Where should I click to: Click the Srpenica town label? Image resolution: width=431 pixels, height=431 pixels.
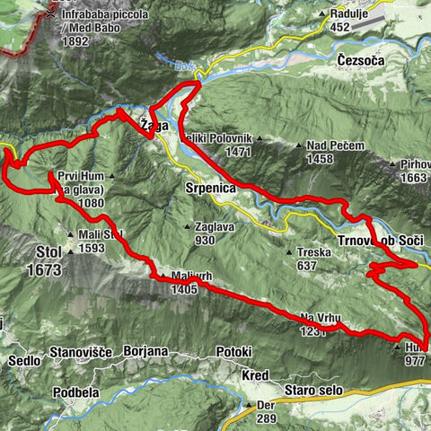pos(208,190)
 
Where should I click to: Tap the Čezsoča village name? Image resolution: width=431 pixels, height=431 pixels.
pos(362,61)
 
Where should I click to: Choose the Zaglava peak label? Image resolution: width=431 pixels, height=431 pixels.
pos(218,227)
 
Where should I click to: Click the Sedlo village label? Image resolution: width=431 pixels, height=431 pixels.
pos(23,360)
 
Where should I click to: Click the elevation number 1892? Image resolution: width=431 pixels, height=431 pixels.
pos(75,40)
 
